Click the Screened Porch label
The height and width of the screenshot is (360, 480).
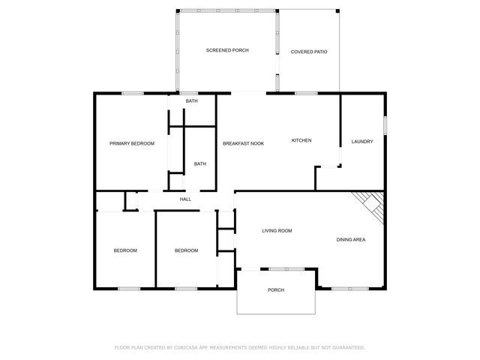pos(227,50)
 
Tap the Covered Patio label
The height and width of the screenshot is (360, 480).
pos(309,52)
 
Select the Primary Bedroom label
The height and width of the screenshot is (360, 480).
pos(132,143)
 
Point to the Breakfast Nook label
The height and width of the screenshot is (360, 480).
pos(242,143)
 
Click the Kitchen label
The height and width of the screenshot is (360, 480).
pos(301,140)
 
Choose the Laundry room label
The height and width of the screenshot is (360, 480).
pos(362,141)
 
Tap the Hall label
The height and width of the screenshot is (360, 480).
pos(185,199)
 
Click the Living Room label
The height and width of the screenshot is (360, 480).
pos(277,231)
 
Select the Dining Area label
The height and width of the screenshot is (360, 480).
pos(350,239)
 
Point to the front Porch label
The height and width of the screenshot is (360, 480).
pos(276,289)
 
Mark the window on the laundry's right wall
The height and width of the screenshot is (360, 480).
pos(386,125)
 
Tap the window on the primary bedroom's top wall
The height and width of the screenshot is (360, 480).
pos(133,93)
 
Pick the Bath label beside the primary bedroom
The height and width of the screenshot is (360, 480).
pos(200,163)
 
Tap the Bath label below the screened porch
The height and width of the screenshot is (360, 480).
pos(192,101)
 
